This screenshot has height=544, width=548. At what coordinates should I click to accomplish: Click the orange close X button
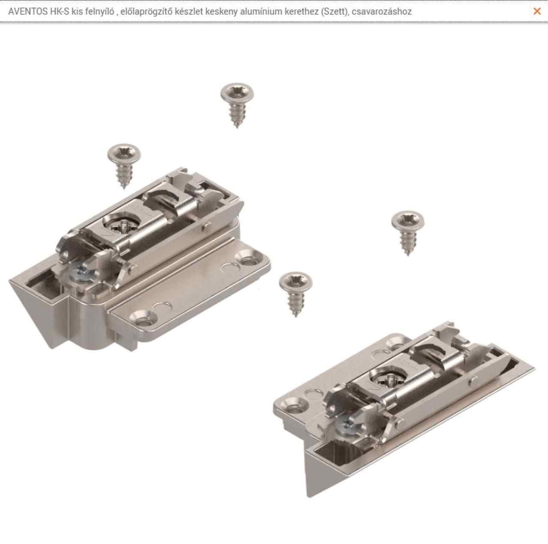537,11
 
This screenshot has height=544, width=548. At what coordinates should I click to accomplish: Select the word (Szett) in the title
335,12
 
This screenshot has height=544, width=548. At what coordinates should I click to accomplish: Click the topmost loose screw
237,105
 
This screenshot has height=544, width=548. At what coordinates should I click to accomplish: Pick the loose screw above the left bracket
124,166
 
